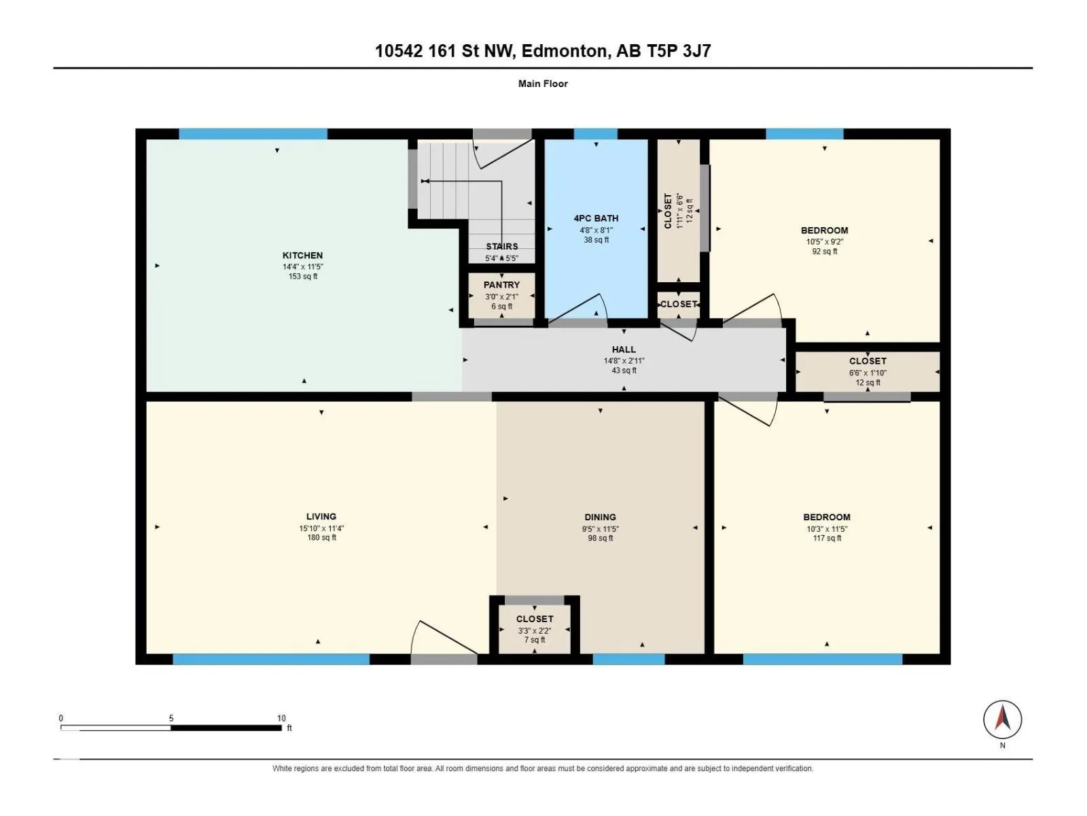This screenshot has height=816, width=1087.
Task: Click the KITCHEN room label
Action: tap(302, 255)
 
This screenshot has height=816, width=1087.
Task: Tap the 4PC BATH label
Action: tap(596, 218)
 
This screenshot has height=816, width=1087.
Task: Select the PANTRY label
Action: tap(501, 285)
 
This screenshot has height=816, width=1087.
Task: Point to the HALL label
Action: tap(624, 350)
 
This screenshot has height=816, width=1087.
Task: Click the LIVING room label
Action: tap(321, 516)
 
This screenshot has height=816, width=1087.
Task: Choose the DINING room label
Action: tap(600, 517)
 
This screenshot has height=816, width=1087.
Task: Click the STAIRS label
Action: tap(501, 246)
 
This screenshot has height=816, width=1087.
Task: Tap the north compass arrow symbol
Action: tap(1002, 719)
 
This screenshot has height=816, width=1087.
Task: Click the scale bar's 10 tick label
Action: tap(281, 718)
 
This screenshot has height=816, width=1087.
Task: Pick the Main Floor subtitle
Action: tap(543, 84)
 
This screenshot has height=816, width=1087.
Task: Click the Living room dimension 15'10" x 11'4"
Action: tap(321, 528)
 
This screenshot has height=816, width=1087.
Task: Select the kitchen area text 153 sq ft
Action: tap(303, 276)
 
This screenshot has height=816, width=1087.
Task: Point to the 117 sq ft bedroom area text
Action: tap(827, 538)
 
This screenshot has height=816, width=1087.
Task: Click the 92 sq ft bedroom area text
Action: tap(825, 251)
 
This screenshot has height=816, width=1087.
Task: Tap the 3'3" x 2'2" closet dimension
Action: tap(535, 631)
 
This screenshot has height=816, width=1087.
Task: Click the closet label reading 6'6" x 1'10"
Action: tap(868, 373)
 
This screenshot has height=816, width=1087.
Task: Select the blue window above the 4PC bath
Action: tap(596, 134)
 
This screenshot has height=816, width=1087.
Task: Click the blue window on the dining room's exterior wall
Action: tap(628, 659)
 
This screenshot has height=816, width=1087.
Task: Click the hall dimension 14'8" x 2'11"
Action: tap(624, 360)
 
